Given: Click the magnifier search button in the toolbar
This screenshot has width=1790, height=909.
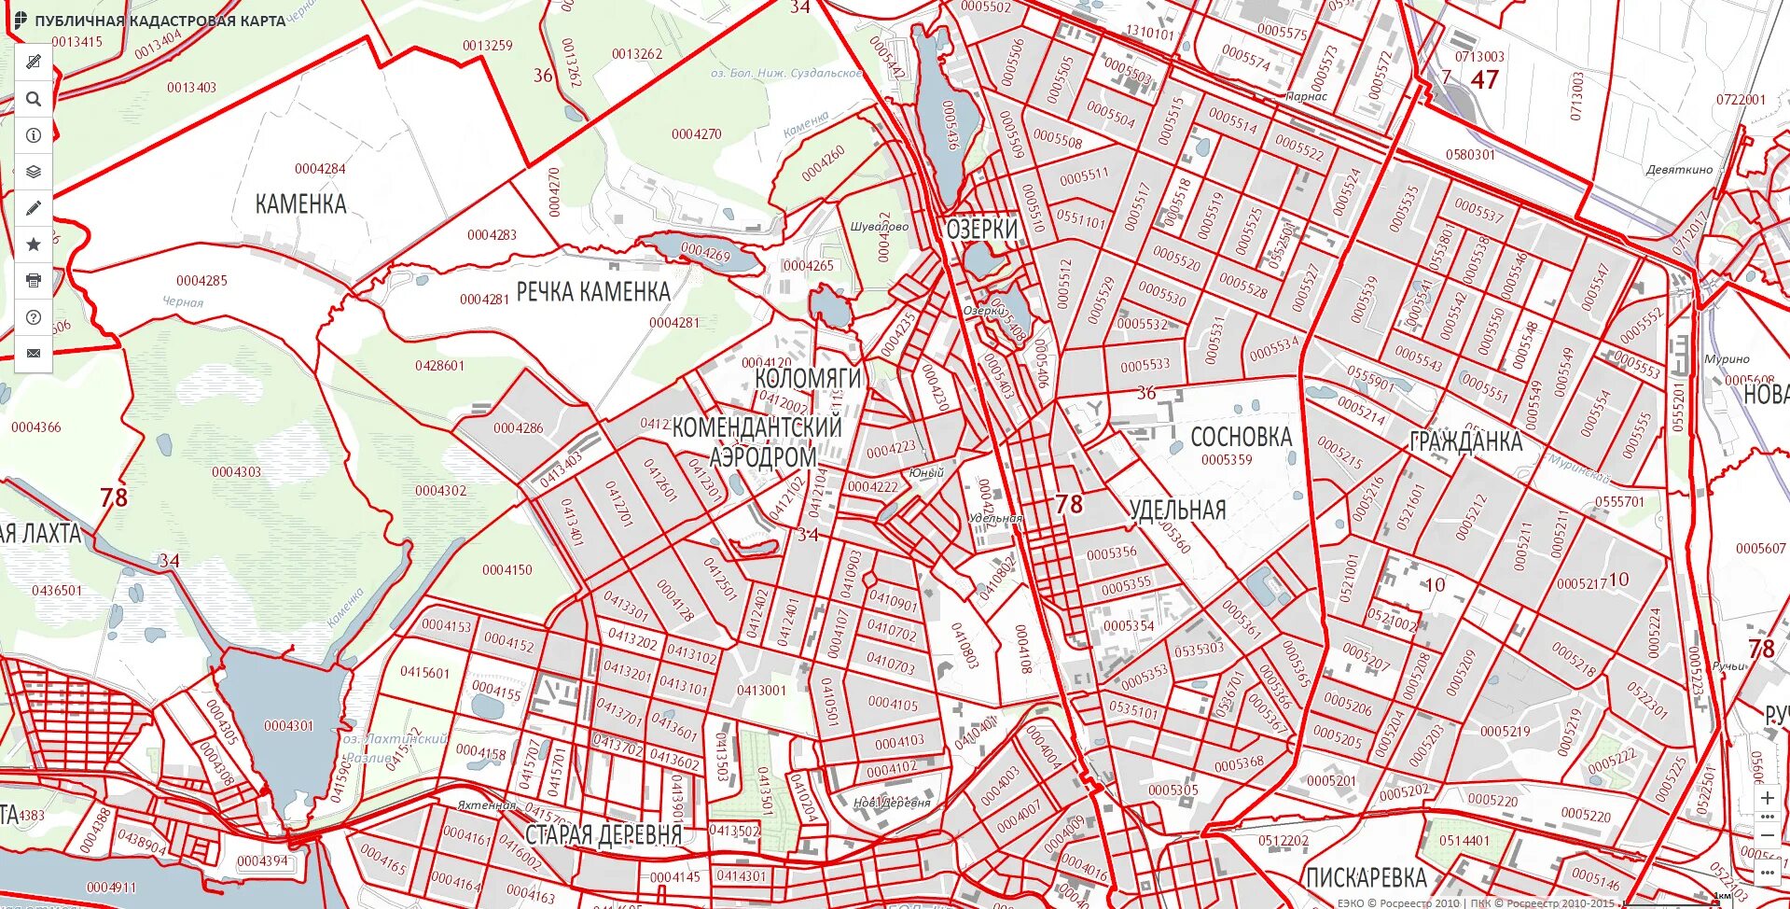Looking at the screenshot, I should [34, 99].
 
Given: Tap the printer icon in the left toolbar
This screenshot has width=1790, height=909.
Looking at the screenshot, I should [34, 280].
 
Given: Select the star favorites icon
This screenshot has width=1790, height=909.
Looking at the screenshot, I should [34, 245].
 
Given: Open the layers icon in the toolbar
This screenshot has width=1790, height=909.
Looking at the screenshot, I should [34, 172].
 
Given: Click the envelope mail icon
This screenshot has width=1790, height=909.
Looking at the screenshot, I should [34, 353].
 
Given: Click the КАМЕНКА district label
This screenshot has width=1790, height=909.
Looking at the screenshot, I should [300, 204].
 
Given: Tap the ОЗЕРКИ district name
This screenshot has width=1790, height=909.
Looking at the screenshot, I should [981, 229].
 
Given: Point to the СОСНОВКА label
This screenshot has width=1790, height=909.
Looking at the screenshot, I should [1241, 437].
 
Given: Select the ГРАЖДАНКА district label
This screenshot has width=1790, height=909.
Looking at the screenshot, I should [1465, 442].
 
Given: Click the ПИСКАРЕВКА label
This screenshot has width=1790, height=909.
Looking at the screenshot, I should [1366, 877].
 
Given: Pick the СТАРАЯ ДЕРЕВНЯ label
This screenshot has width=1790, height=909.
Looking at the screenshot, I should [604, 834].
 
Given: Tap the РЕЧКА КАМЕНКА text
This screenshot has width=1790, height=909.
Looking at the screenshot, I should [593, 292].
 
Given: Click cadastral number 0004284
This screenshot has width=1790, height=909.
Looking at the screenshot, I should [320, 169].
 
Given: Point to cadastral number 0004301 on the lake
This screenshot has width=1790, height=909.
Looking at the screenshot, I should [288, 725].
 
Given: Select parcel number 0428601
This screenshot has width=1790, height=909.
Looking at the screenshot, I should [439, 366].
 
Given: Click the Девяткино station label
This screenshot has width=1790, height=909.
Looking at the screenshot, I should [1679, 170].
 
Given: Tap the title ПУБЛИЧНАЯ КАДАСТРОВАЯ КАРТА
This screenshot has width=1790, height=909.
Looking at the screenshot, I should [160, 21].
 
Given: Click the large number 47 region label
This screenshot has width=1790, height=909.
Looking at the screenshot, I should [1484, 80].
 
